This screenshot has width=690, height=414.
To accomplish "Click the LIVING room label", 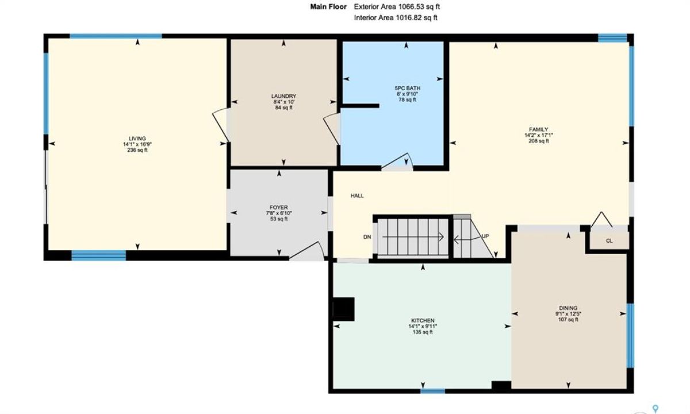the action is [x=137, y=139].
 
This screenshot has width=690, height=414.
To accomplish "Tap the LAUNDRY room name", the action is [x=283, y=96].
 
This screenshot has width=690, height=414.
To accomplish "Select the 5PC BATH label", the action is [x=407, y=89].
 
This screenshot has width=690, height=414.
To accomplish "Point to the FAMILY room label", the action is [x=538, y=129].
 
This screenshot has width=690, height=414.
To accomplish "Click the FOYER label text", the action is [x=279, y=208].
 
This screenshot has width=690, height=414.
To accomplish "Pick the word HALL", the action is [x=357, y=195].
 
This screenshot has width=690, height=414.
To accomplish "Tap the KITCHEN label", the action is [x=423, y=321].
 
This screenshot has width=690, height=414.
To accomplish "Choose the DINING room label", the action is [x=568, y=308].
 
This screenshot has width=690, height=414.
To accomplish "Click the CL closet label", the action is [x=609, y=241].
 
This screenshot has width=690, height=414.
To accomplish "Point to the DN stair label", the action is [x=367, y=237].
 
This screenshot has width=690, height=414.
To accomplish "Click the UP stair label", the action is [x=485, y=236].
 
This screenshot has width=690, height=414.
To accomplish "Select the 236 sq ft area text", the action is [x=137, y=150].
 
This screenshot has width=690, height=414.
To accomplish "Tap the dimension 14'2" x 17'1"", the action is [x=538, y=135].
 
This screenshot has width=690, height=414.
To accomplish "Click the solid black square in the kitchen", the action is [x=344, y=309].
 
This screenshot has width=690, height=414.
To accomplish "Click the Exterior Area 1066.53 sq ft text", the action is [x=397, y=7].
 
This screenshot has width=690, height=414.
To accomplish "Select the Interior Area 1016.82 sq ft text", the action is [x=396, y=18].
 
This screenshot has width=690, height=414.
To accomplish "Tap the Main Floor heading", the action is [x=328, y=7].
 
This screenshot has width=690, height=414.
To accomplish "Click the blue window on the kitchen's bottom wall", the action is [x=432, y=391].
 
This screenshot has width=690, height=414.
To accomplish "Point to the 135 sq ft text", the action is [x=423, y=332].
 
